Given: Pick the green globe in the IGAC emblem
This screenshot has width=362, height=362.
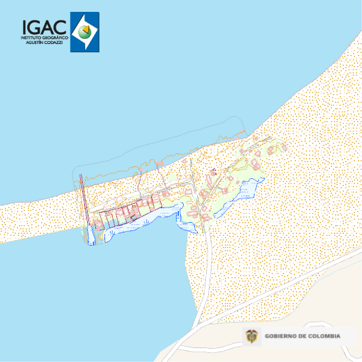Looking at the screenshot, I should click(85, 31).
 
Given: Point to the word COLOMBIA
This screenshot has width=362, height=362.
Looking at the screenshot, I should click(326, 336).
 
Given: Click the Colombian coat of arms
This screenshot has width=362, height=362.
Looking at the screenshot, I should click(252, 336).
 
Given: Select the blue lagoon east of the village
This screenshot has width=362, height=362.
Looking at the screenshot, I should click(249, 188).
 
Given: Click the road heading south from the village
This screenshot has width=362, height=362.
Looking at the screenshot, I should click(207, 265).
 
